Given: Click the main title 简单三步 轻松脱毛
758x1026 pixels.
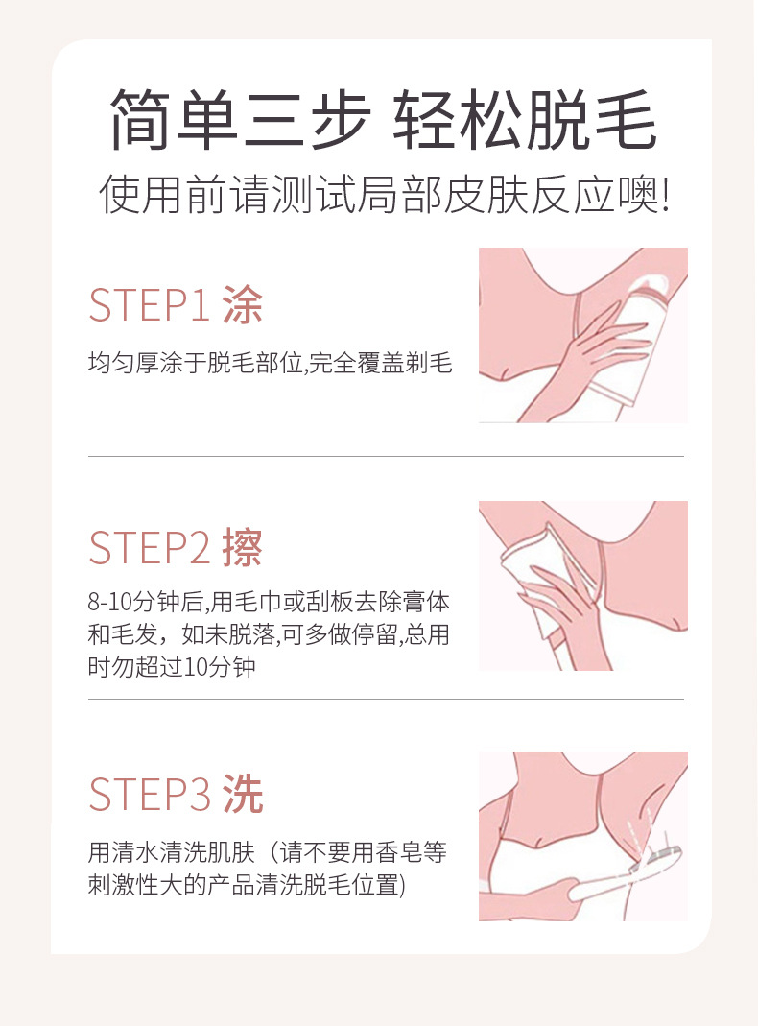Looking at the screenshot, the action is [383, 120].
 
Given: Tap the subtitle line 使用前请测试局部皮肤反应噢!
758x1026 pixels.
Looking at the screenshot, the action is [385, 194].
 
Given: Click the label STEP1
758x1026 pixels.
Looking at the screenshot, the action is [149, 305].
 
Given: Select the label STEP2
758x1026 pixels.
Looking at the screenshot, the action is [149, 548].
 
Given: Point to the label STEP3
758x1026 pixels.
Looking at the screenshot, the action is [149, 795].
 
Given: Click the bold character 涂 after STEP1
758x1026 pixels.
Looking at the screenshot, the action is [243, 305].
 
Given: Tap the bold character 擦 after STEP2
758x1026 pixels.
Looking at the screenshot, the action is [243, 548].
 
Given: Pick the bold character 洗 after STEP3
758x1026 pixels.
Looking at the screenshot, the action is [243, 795].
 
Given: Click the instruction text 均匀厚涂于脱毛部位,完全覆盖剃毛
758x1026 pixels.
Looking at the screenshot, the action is [271, 363].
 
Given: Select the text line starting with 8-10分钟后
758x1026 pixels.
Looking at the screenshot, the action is [269, 602].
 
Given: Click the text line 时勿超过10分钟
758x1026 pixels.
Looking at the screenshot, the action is [172, 667].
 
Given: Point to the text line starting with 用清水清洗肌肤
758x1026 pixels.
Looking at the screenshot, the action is [268, 852].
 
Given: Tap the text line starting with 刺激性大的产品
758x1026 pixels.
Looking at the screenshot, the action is [247, 885].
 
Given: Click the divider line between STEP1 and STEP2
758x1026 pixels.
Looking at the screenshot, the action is [386, 456].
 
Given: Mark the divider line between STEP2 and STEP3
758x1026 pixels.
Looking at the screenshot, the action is [386, 699].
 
